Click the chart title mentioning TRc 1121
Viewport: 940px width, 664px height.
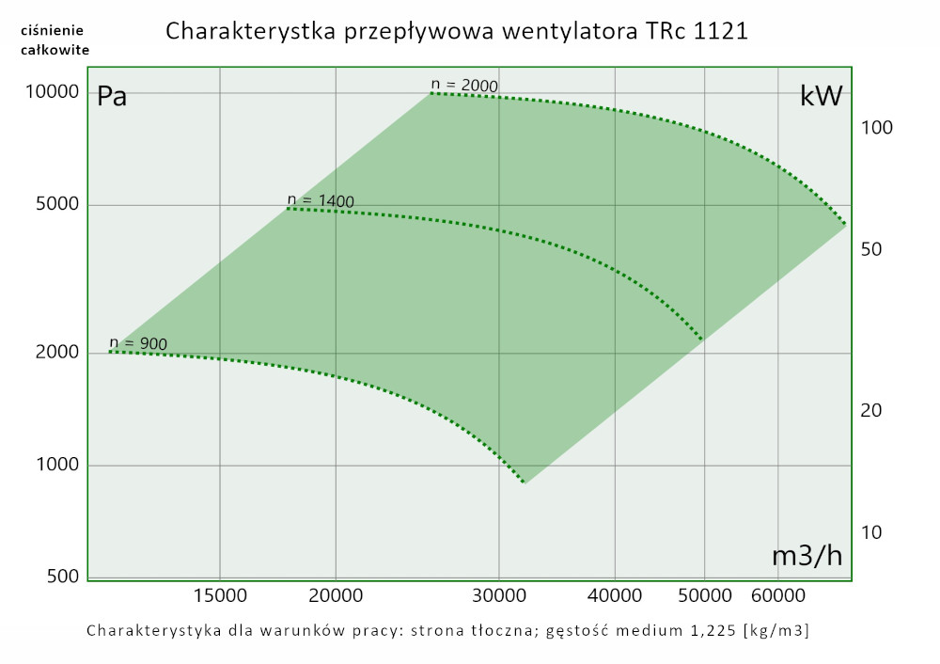[457, 31]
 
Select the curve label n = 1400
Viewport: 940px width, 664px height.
[321, 200]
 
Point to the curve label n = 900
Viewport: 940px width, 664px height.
[138, 343]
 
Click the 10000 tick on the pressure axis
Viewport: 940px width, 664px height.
[53, 92]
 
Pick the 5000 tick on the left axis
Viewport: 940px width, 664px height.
[57, 205]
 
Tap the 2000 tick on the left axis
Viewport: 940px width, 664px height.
[57, 353]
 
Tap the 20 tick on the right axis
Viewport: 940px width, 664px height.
[871, 410]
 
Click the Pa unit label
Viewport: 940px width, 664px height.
[112, 97]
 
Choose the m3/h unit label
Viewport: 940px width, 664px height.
[807, 556]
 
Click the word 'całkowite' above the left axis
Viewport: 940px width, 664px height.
[55, 50]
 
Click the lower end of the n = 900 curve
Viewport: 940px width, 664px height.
[524, 482]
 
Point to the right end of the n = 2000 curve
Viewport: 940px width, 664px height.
[845, 225]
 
